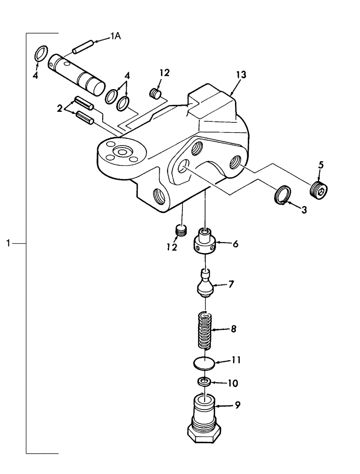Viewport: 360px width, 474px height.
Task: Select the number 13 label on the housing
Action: tap(241, 75)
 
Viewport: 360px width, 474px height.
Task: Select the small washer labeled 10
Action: tap(204, 382)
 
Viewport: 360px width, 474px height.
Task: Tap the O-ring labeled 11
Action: tap(204, 364)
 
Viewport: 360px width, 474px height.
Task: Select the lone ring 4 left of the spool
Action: tap(41, 54)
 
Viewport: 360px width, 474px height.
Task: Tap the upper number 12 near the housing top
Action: tap(164, 73)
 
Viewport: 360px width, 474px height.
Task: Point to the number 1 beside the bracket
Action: tap(9, 244)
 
